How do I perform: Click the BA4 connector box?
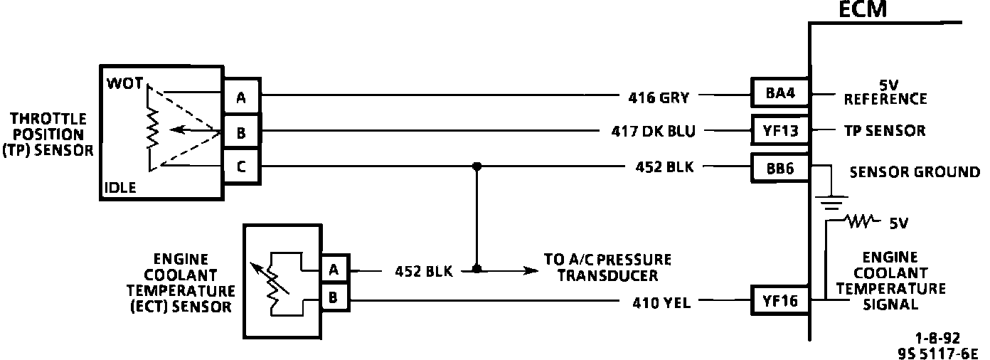780,94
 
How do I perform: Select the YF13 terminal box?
780,131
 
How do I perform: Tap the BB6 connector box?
780,168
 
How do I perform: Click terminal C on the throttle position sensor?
241,167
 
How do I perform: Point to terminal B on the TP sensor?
241,132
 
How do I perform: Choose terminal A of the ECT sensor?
334,270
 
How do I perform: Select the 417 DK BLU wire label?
653,132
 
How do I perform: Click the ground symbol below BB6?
831,203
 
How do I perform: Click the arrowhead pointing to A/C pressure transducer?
530,270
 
